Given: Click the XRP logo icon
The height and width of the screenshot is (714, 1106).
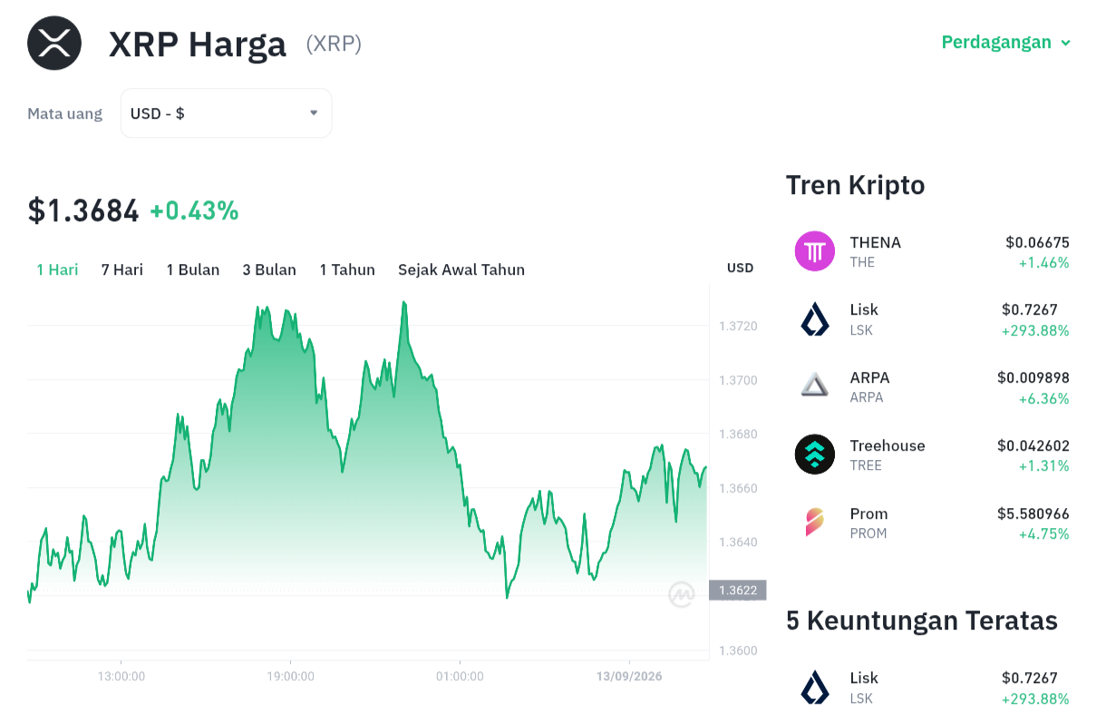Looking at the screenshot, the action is pyautogui.click(x=54, y=43).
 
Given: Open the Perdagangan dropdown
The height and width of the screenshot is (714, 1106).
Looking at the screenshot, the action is pyautogui.click(x=1005, y=43).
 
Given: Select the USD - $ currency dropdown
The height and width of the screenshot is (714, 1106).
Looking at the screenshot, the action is pyautogui.click(x=226, y=113).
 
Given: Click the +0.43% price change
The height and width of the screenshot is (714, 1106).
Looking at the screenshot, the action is pyautogui.click(x=194, y=210).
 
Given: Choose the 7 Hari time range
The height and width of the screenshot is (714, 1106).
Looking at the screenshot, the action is pyautogui.click(x=122, y=269).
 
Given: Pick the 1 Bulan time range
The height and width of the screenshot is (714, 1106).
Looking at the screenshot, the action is pyautogui.click(x=192, y=269).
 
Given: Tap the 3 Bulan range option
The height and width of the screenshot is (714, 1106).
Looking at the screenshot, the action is pyautogui.click(x=269, y=269).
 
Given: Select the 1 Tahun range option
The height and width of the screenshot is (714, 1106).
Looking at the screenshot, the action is pyautogui.click(x=347, y=269).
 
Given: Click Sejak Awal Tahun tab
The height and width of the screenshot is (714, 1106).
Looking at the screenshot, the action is pyautogui.click(x=461, y=269).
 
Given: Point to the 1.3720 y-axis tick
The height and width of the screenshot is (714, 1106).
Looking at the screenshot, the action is pyautogui.click(x=738, y=326).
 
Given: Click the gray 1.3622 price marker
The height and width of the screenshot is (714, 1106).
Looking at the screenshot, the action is pyautogui.click(x=738, y=590).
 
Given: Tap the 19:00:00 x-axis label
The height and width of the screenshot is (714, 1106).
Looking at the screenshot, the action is pyautogui.click(x=290, y=677).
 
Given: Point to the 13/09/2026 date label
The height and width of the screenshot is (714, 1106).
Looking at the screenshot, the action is pyautogui.click(x=629, y=677).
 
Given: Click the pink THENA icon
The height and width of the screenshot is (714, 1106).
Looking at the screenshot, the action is pyautogui.click(x=815, y=251).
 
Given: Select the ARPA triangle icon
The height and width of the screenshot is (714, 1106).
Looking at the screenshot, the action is pyautogui.click(x=815, y=386).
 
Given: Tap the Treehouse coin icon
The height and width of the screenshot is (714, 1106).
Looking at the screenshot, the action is pyautogui.click(x=815, y=455).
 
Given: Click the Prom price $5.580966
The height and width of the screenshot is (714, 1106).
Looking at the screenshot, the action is pyautogui.click(x=1033, y=513).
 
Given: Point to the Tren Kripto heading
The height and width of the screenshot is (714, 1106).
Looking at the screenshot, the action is pyautogui.click(x=855, y=186).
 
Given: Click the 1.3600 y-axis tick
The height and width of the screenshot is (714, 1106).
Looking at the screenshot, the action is pyautogui.click(x=738, y=650).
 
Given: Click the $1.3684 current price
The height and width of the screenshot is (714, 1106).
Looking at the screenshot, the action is pyautogui.click(x=83, y=211).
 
